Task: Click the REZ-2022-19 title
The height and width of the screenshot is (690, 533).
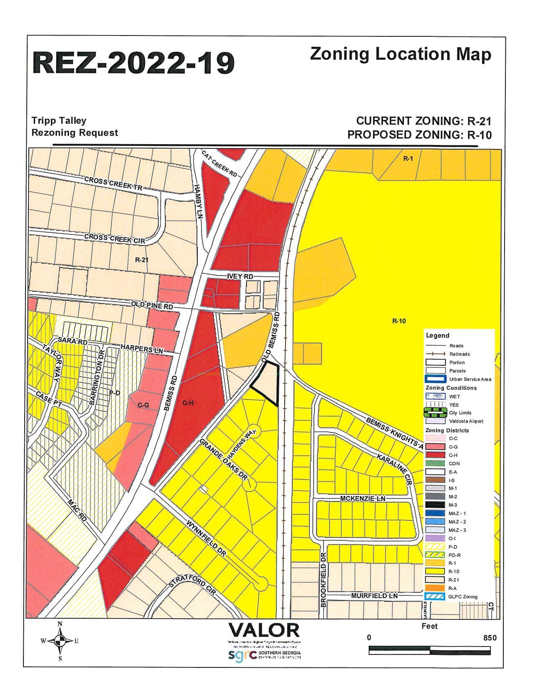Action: coord(133,63)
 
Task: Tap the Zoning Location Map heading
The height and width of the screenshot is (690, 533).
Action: coord(400,54)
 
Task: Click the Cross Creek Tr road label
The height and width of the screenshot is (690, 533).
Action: coord(113,183)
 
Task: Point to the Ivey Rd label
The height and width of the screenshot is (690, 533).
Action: coord(240,277)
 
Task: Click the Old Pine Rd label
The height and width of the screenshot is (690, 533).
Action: coord(152,306)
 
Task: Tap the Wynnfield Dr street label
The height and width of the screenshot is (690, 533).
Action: coord(207,539)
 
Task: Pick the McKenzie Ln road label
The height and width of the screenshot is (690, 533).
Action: coord(362,499)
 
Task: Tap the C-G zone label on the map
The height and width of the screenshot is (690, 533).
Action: coord(143,405)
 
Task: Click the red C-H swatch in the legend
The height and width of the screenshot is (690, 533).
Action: coord(435,455)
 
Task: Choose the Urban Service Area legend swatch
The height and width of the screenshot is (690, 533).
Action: coord(435,379)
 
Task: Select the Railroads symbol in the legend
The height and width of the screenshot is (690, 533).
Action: coord(435,354)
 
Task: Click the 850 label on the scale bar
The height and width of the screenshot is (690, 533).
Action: coord(490,638)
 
